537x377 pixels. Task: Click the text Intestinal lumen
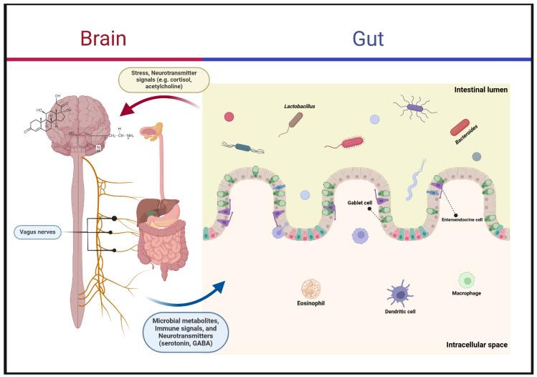tap(481, 90)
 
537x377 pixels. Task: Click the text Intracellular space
tap(476, 345)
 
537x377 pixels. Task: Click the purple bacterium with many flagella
tap(417, 108)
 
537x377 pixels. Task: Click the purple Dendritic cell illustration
tap(399, 293)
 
